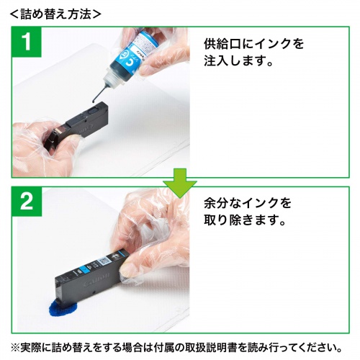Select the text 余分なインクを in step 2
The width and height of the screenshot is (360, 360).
[246, 203]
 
